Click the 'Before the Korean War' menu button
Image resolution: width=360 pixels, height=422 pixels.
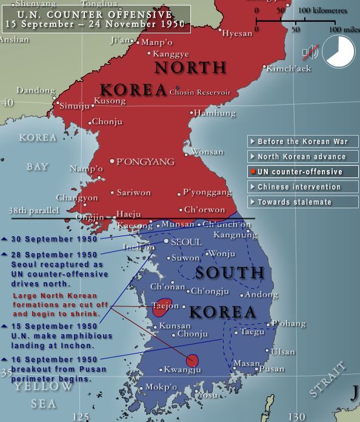click(302, 141)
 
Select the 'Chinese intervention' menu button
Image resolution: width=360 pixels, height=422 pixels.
click(302, 186)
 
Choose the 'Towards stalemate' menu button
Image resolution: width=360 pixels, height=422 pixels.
click(302, 202)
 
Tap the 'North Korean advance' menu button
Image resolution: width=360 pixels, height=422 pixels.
click(302, 156)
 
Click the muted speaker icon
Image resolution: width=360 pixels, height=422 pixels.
click(310, 53)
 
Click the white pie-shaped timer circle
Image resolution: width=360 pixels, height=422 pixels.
click(338, 52)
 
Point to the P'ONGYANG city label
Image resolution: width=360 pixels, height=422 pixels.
click(145, 162)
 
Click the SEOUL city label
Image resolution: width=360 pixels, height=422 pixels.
click(186, 242)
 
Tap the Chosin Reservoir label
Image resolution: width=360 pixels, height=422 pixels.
click(199, 93)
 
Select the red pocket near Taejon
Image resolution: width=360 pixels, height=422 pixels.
click(162, 308)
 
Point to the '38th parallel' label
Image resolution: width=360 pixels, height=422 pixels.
click(34, 211)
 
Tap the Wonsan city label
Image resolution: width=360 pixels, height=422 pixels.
click(207, 152)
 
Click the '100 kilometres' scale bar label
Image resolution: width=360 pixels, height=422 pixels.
click(322, 10)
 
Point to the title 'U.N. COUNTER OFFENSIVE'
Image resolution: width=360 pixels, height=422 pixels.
click(95, 14)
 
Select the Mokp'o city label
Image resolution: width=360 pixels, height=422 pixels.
click(161, 387)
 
